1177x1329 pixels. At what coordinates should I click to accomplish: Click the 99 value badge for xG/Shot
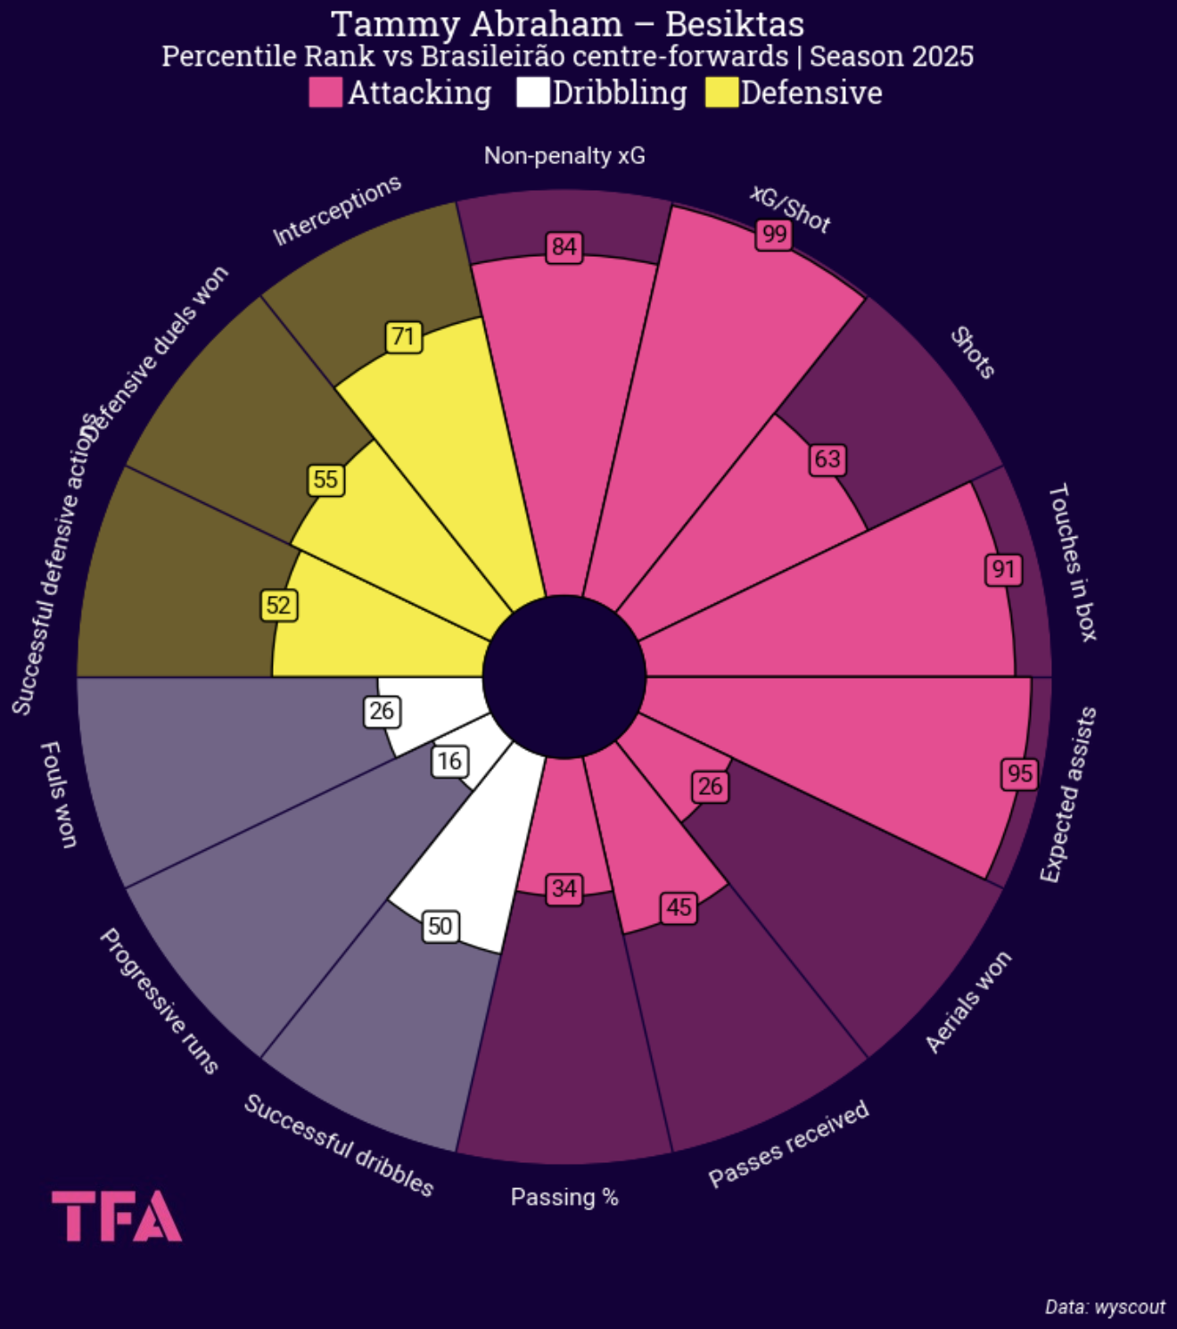point(774,235)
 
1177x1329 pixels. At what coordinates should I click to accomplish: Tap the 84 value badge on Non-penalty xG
point(564,247)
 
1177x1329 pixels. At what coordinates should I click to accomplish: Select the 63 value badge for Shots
point(827,459)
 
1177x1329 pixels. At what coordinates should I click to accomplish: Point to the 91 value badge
point(1003,569)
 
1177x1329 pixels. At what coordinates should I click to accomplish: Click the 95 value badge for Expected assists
point(1020,773)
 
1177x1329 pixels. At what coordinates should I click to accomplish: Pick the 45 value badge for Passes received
point(679,908)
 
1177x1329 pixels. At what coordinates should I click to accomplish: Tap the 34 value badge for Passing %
point(564,889)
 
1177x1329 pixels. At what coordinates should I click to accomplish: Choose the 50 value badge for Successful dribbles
point(440,927)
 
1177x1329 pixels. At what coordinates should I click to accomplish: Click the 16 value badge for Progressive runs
point(449,761)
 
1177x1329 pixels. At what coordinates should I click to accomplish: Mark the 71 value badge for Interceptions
point(403,337)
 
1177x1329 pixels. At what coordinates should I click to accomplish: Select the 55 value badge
point(325,480)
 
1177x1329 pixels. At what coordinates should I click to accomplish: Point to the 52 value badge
point(278,606)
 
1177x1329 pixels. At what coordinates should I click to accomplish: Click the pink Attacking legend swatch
point(325,93)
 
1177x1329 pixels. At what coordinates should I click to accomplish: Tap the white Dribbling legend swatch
point(532,93)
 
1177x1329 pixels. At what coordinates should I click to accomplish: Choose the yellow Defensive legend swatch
point(721,93)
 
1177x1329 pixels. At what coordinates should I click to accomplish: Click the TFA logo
point(117,1216)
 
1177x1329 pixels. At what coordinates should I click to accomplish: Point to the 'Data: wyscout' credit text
point(1105,1307)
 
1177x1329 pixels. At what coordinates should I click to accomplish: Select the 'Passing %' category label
point(564,1197)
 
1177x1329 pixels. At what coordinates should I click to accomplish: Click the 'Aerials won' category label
point(968,1002)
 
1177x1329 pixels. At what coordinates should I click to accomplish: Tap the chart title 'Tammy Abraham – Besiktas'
point(567,24)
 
